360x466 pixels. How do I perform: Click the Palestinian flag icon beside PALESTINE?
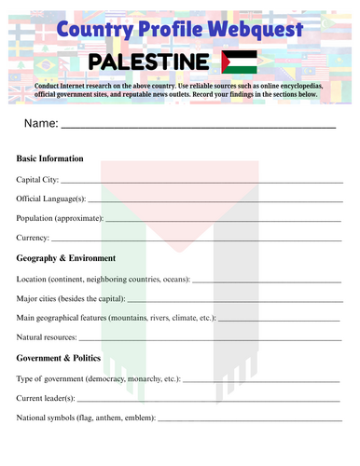click(x=241, y=62)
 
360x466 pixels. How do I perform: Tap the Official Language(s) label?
click(x=51, y=199)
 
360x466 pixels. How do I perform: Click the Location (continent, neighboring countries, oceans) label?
click(x=104, y=279)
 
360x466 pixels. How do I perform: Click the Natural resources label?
click(x=48, y=337)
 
